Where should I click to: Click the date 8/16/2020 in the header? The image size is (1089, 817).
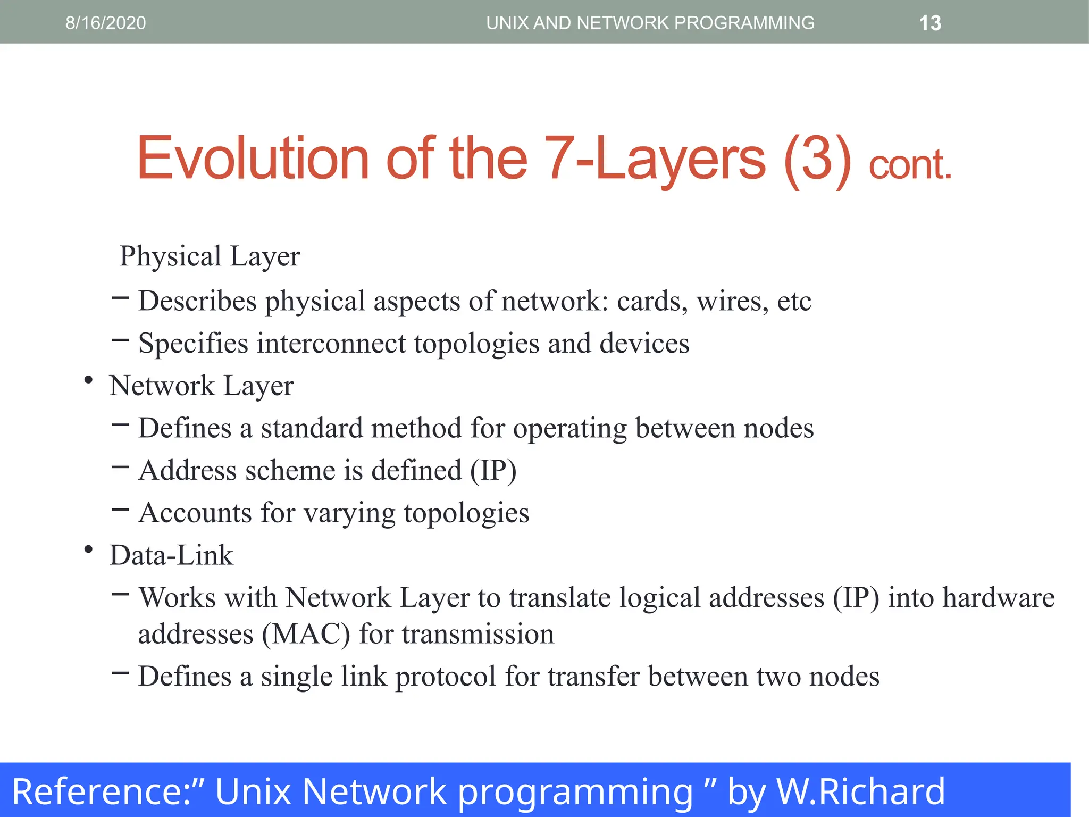(x=105, y=23)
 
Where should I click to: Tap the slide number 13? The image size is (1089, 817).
(x=930, y=23)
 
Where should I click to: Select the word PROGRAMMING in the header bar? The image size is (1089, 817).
(x=744, y=23)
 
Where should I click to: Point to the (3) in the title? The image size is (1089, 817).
(x=818, y=159)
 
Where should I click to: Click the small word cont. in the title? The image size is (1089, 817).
(x=910, y=165)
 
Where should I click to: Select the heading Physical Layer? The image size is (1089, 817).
(x=210, y=256)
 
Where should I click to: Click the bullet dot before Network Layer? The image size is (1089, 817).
(x=89, y=380)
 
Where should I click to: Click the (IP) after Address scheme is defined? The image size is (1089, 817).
(x=493, y=471)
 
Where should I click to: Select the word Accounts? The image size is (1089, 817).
(x=195, y=513)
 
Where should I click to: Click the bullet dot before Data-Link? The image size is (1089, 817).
(x=89, y=549)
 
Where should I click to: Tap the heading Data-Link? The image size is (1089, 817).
(x=171, y=555)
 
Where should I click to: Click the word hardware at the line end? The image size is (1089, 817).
(x=999, y=597)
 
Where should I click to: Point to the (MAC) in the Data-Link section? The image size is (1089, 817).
(x=306, y=634)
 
